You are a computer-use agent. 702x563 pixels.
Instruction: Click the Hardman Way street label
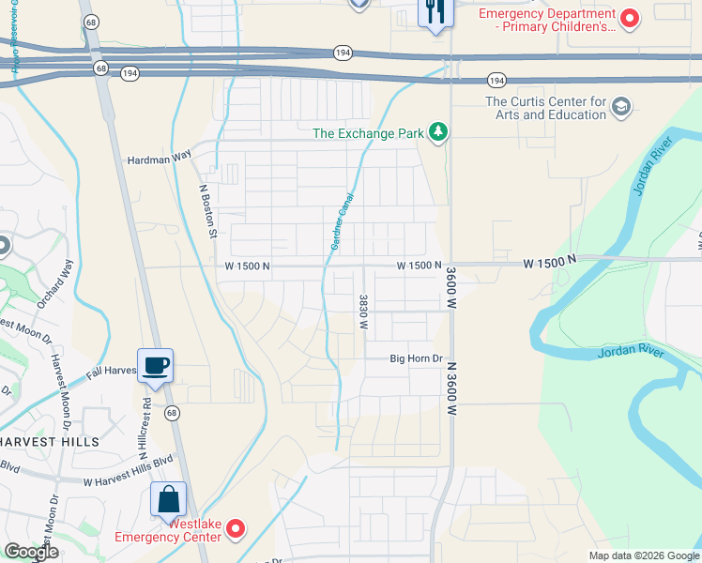pyautogui.click(x=159, y=160)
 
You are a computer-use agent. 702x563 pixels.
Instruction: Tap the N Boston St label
pyautogui.click(x=208, y=209)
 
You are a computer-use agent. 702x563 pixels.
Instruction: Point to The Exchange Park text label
pyautogui.click(x=368, y=133)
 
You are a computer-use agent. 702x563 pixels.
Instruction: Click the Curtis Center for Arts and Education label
pyautogui.click(x=545, y=108)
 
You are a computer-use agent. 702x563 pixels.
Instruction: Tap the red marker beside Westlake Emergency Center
pyautogui.click(x=236, y=530)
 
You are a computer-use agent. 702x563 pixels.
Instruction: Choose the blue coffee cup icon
pyautogui.click(x=155, y=364)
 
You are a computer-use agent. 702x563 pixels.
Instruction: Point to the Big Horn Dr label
pyautogui.click(x=416, y=358)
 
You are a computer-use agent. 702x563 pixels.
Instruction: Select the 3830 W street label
pyautogui.click(x=362, y=312)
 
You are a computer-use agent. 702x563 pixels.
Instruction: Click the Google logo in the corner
pyautogui.click(x=31, y=553)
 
